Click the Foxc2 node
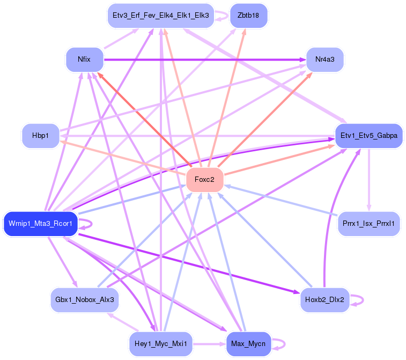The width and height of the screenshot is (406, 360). [204, 180]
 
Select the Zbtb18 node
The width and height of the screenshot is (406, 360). [248, 15]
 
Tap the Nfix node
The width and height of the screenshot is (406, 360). [84, 59]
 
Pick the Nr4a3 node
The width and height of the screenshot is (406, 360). [324, 59]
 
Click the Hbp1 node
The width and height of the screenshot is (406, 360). [41, 136]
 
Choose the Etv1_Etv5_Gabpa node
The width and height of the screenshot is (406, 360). [368, 136]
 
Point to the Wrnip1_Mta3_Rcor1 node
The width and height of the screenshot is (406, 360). [41, 223]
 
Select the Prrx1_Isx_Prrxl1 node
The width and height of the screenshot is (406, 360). [368, 223]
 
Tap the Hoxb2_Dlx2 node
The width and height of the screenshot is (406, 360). [324, 299]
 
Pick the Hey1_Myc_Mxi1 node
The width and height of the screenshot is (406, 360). [160, 344]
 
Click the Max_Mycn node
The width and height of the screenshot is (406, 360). [248, 344]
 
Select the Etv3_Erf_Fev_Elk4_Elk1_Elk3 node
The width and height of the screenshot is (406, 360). [160, 15]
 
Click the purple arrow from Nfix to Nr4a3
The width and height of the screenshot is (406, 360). [204, 59]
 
